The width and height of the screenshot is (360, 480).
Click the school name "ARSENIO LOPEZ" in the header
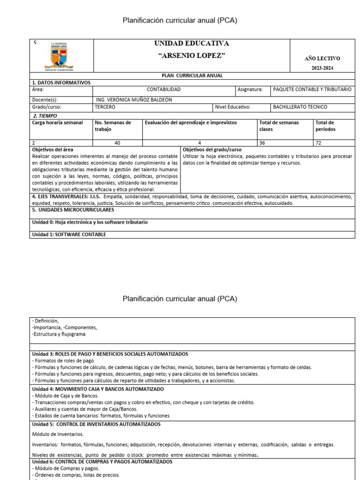pos(192,56)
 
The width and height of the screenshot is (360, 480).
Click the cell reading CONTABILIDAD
pos(164,89)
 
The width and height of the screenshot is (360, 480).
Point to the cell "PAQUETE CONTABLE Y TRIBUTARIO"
pos(311,89)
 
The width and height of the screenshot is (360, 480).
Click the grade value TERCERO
pos(105,107)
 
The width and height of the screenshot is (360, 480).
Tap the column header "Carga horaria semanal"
pos(57,123)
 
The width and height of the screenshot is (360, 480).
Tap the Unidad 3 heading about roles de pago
pos(110,354)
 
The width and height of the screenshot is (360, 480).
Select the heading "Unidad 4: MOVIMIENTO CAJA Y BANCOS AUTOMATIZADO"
pos(98,389)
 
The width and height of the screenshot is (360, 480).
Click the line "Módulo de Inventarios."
pos(58,434)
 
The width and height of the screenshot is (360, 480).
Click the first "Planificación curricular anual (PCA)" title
pos(180,20)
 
